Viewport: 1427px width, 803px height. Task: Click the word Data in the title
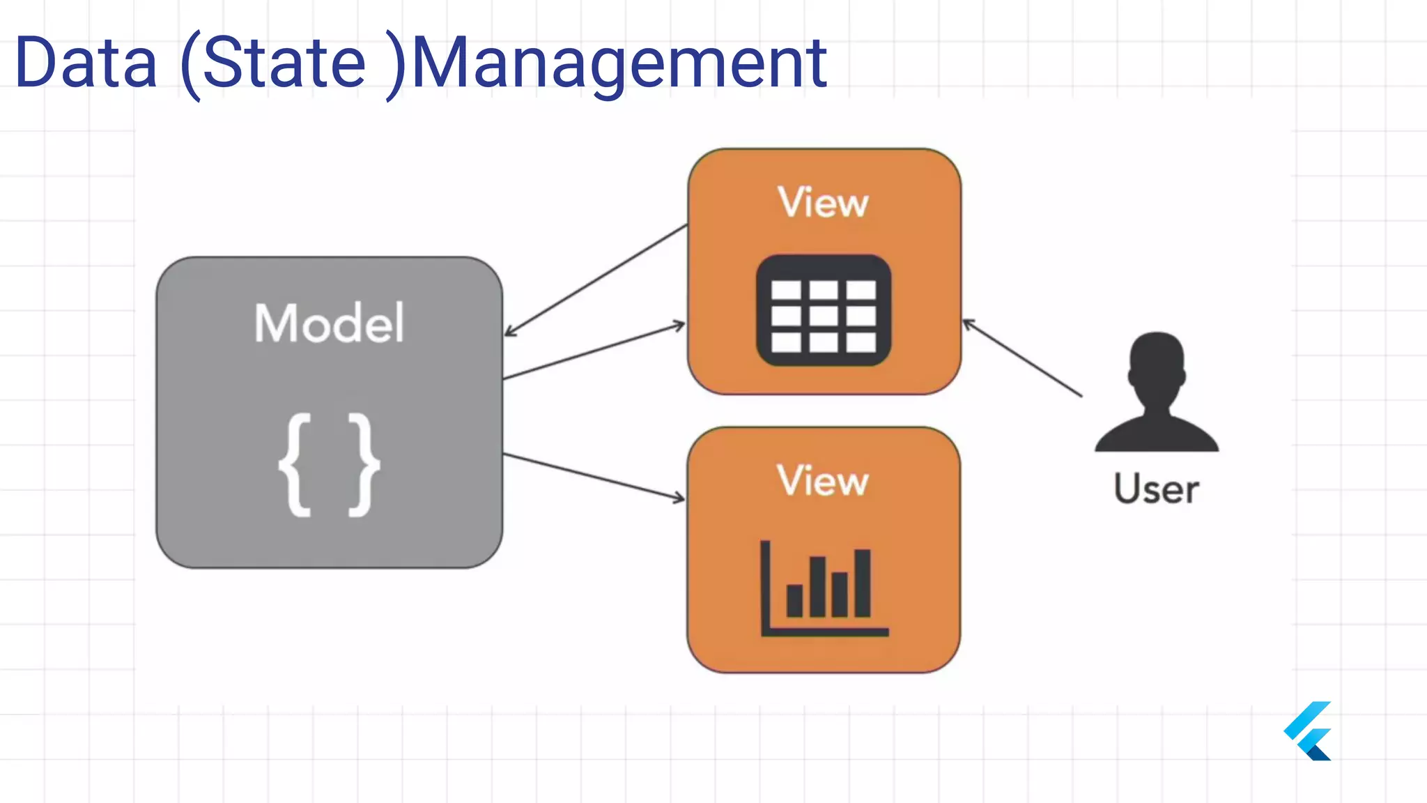coord(86,63)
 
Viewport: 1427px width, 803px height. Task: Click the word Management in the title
coord(619,63)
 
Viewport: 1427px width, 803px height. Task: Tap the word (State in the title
coord(273,63)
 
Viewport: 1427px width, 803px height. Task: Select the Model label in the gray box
coord(329,323)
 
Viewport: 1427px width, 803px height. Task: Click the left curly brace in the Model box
coord(295,464)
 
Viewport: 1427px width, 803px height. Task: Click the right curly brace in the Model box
coord(364,464)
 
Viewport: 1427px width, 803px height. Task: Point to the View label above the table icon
coord(823,203)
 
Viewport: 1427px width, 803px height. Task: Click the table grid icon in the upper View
coord(824,310)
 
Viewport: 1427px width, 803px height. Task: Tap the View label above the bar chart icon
coord(823,480)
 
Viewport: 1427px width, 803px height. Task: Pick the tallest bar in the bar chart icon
coord(863,583)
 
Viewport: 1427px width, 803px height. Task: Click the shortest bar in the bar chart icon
coord(794,600)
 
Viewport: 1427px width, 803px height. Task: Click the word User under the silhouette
coord(1156,489)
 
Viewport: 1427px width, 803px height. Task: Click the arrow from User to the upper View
coord(1022,358)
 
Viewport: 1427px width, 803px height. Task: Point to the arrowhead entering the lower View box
coord(680,498)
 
